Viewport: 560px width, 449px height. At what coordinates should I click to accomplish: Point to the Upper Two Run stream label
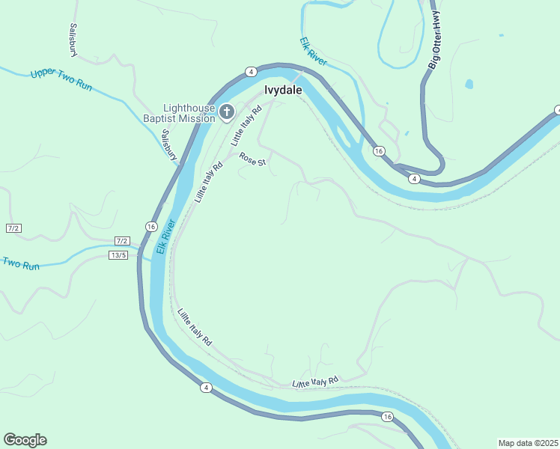pos(61,80)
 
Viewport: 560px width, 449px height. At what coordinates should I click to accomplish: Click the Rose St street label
pos(252,159)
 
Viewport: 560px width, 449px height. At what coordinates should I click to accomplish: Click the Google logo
pos(25,440)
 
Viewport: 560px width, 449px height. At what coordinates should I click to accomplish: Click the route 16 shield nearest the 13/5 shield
pos(151,227)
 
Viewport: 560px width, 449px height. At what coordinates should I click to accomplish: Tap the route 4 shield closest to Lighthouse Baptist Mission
pos(251,72)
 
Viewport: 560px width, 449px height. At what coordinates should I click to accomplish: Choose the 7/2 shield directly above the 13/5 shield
pos(122,241)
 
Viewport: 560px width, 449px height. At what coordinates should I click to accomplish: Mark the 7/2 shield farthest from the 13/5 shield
pos(13,227)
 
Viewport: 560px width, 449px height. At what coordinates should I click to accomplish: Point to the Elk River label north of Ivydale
pos(313,52)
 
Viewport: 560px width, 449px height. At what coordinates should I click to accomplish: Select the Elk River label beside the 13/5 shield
pos(165,239)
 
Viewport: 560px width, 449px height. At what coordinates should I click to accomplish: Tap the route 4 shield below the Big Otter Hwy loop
pos(413,179)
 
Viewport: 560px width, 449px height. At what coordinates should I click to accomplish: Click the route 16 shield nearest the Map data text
pos(386,417)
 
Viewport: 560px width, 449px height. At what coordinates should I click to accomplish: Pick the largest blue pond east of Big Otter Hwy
pos(469,84)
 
